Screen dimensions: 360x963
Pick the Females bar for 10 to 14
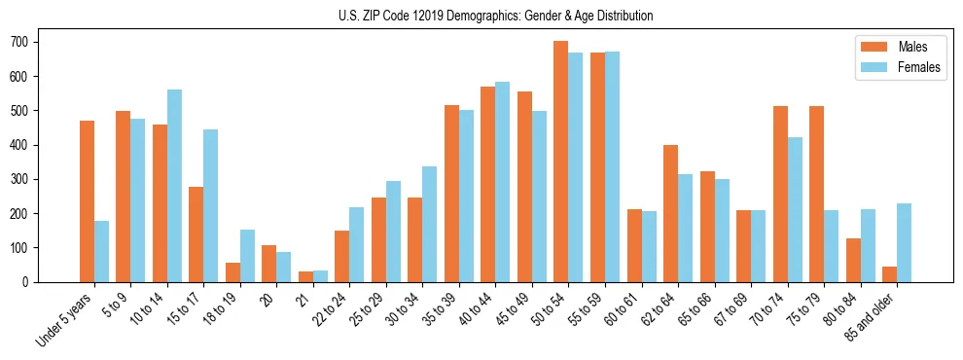click(175, 186)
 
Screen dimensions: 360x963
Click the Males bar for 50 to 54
click(561, 162)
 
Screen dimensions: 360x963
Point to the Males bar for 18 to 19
click(233, 271)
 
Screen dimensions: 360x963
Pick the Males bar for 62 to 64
click(671, 213)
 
